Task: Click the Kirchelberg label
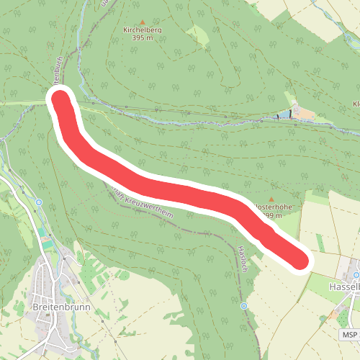143,30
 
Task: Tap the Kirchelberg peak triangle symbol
143,22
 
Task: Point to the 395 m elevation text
143,38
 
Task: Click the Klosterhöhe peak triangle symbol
271,199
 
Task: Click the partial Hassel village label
343,287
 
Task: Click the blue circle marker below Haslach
244,306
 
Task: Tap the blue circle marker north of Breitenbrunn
36,204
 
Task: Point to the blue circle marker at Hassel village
356,275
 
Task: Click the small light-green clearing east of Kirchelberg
196,35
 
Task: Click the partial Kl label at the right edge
356,104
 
